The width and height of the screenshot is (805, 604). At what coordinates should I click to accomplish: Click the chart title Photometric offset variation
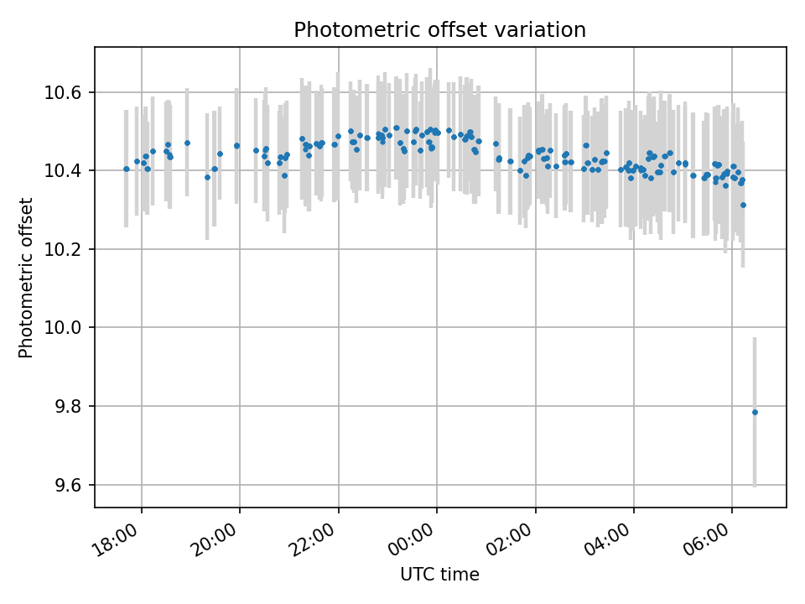[439, 30]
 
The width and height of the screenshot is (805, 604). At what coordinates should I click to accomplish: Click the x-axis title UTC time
[439, 575]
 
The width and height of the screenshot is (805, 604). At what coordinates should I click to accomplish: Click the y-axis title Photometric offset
[26, 278]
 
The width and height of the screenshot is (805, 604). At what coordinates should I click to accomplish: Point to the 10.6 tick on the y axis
[67, 92]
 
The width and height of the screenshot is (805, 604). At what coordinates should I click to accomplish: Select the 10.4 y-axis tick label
[67, 171]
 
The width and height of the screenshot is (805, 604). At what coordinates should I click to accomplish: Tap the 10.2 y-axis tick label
[67, 249]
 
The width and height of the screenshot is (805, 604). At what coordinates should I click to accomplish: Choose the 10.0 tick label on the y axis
[67, 328]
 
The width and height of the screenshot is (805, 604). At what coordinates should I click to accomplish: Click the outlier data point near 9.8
[755, 412]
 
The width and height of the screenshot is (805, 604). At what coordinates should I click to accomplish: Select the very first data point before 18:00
[127, 169]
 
